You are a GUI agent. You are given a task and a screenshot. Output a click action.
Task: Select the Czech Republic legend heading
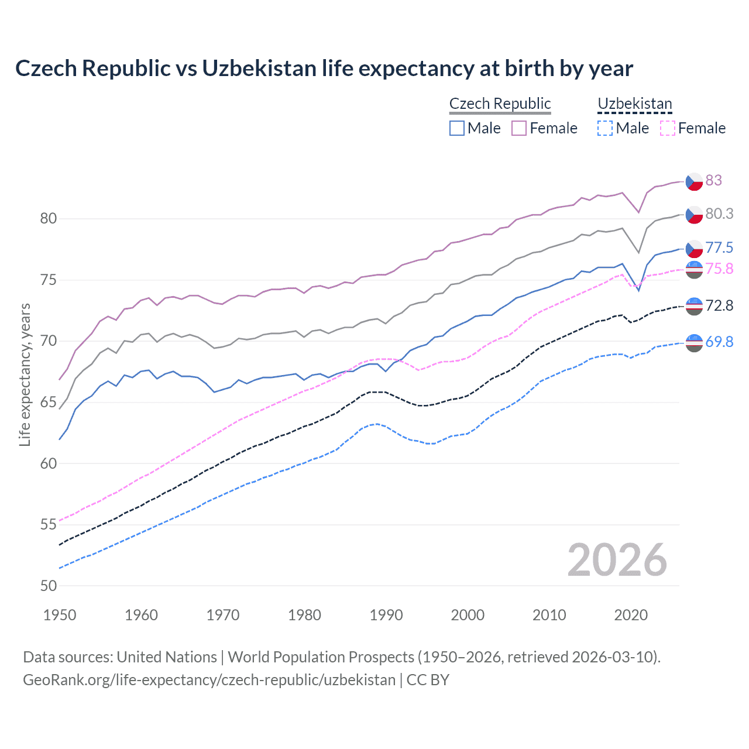tap(500, 104)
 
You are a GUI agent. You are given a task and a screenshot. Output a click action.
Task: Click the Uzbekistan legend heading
tap(634, 104)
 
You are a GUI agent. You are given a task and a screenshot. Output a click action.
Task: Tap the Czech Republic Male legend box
tap(457, 128)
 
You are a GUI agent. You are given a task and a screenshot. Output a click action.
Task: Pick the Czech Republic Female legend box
tap(519, 128)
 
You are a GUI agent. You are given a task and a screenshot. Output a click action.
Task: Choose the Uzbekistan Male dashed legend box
tap(605, 128)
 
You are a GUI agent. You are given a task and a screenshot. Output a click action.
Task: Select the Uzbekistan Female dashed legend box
tap(667, 128)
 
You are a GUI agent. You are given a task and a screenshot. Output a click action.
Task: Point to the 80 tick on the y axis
tap(48, 219)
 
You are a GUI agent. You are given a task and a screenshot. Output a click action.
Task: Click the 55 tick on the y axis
tap(48, 525)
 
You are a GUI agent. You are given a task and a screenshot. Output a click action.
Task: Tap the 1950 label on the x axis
tap(60, 615)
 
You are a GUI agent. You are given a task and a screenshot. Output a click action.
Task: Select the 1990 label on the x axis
tap(386, 615)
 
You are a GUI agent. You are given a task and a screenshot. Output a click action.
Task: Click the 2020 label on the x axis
tap(631, 615)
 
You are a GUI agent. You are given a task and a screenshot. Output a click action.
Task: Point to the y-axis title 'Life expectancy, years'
tap(25, 374)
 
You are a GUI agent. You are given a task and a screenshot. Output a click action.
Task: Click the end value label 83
tap(713, 180)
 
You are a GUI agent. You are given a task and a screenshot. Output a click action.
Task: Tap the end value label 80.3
tap(719, 214)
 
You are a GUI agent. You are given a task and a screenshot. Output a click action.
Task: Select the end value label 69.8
tap(719, 342)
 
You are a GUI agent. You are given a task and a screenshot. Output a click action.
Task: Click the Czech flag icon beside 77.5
tap(694, 248)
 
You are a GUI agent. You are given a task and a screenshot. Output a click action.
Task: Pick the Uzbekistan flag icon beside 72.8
tap(694, 305)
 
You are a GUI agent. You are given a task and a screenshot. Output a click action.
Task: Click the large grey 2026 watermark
tap(617, 560)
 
